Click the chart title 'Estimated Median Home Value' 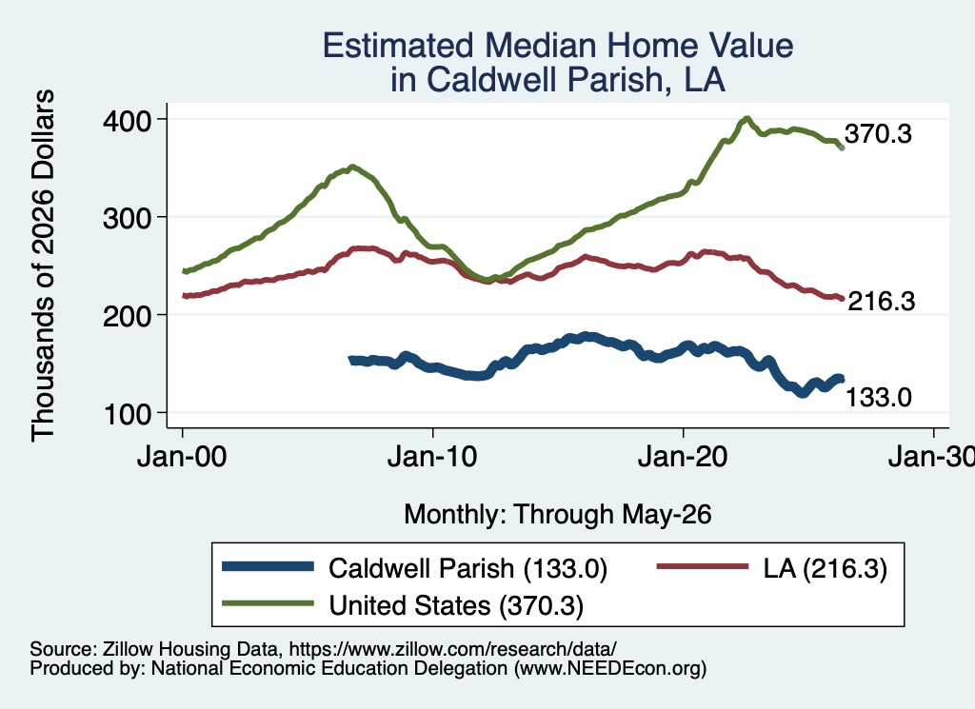[558, 46]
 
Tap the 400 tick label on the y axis [128, 121]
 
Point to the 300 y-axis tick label [128, 218]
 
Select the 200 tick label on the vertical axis [128, 316]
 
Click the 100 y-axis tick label [128, 414]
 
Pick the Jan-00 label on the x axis [182, 457]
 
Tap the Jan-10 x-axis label [432, 457]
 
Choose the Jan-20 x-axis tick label [683, 457]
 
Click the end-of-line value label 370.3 [878, 133]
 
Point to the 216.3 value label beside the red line [882, 302]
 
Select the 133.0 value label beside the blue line [879, 397]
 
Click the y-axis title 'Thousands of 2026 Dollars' [43, 266]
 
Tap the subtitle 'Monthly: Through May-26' [558, 515]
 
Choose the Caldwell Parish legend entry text [468, 568]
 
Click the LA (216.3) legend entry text [826, 568]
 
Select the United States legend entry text [456, 606]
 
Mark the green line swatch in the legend [268, 603]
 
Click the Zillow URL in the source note [452, 649]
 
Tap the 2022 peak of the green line [746, 119]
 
